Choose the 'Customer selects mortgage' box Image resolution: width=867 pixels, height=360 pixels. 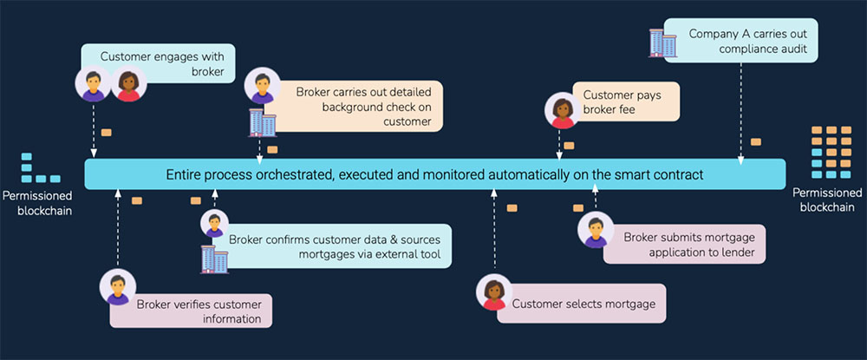coord(582,304)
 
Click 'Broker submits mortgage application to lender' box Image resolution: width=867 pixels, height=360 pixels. coord(681,244)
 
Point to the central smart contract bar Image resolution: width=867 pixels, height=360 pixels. coord(434,174)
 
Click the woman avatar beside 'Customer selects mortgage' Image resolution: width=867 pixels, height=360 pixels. coord(493,293)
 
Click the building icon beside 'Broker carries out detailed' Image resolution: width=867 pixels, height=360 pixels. coord(262,122)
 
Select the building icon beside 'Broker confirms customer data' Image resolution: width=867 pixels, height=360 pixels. coord(213,258)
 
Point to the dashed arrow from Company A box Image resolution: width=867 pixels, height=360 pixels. coord(740,113)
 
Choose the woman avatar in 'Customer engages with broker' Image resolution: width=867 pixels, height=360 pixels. coord(128,84)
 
